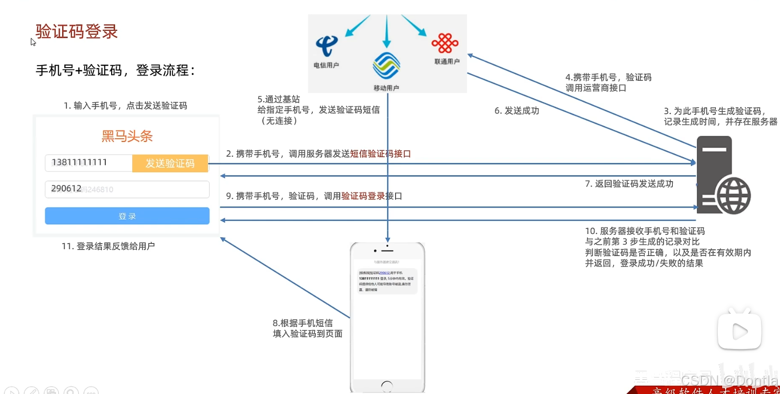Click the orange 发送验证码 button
click(170, 163)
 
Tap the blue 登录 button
click(127, 216)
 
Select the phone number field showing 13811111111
click(88, 162)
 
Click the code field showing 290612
click(127, 189)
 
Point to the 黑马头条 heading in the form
click(127, 136)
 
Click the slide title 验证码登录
click(77, 32)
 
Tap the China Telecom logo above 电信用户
click(326, 46)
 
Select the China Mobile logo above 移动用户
click(386, 66)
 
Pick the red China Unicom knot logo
click(445, 44)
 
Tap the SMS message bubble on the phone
click(386, 281)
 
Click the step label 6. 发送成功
click(517, 111)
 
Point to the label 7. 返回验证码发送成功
click(629, 184)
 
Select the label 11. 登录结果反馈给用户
click(108, 246)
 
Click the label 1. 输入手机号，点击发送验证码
click(125, 106)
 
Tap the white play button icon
click(739, 331)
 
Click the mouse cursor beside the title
click(33, 42)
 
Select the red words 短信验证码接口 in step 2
click(380, 154)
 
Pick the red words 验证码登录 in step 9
click(363, 196)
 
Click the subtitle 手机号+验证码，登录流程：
click(116, 70)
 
